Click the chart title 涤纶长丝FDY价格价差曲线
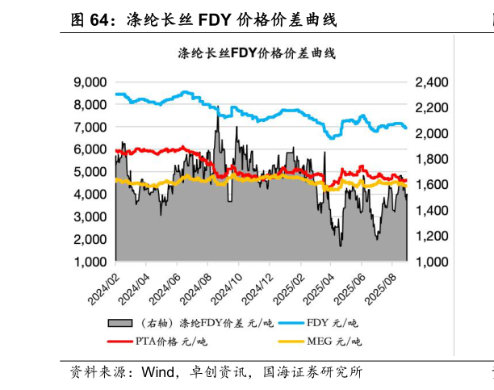click(x=256, y=54)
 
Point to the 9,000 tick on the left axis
click(x=91, y=82)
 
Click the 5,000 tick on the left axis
click(x=91, y=172)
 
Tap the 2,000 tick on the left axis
click(x=91, y=240)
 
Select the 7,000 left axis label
click(x=91, y=127)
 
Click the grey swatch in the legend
click(x=119, y=323)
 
